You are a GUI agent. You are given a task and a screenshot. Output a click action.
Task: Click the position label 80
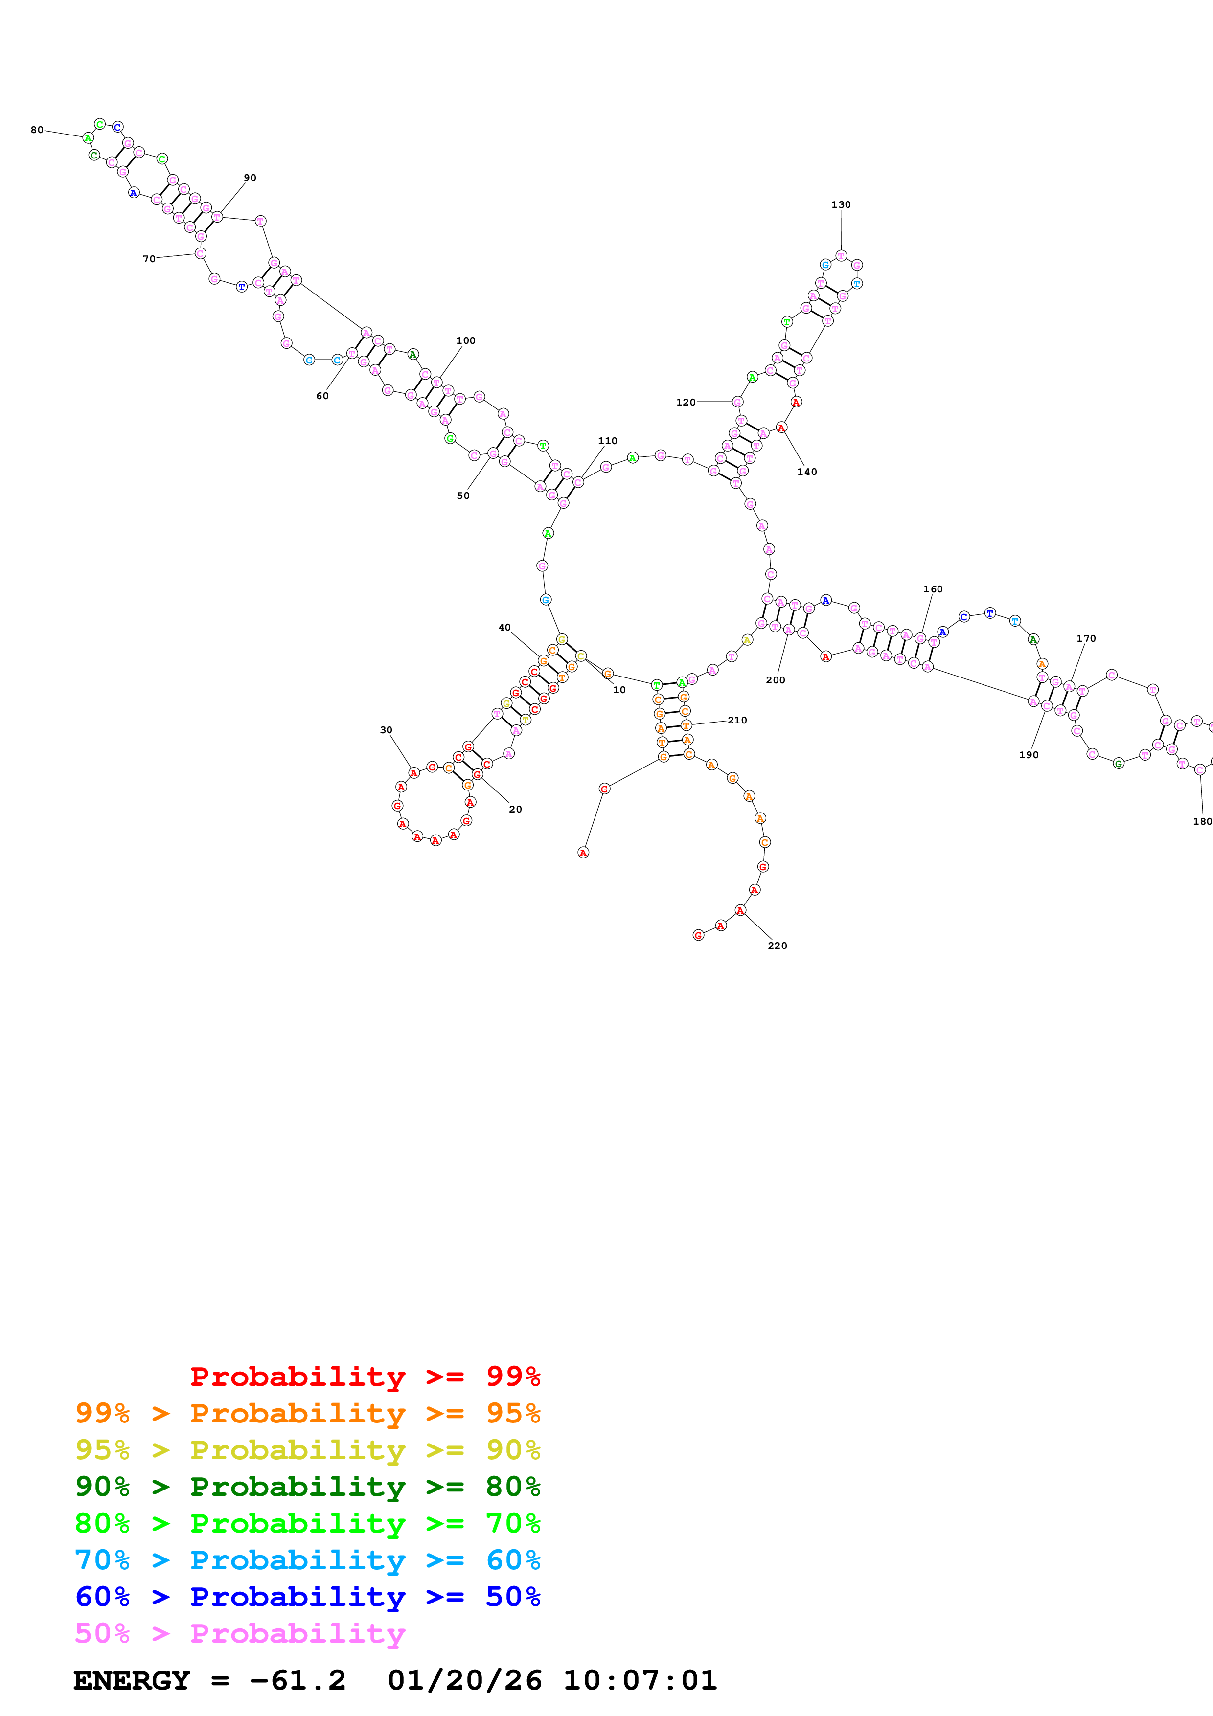click(x=37, y=130)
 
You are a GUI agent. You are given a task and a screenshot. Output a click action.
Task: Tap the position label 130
click(x=841, y=205)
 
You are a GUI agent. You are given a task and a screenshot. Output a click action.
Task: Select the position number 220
click(x=778, y=946)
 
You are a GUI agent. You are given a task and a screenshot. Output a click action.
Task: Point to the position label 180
click(x=1202, y=821)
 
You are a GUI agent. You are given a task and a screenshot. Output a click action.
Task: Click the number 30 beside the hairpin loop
click(x=386, y=730)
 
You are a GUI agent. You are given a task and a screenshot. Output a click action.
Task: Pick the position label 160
click(x=933, y=589)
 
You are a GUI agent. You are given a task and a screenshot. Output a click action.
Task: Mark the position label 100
click(x=466, y=341)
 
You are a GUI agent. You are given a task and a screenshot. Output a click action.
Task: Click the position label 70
click(x=149, y=259)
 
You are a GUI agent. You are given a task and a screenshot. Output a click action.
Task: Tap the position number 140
click(x=806, y=472)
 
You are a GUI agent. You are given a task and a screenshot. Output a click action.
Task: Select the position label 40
click(x=504, y=628)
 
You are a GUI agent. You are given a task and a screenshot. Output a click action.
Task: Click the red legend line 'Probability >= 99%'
click(x=365, y=1377)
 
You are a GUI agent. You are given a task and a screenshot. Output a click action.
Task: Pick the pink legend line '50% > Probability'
click(x=240, y=1634)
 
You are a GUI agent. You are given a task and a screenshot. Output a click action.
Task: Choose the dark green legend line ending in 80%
click(x=307, y=1487)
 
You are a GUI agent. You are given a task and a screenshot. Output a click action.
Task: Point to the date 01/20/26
click(x=464, y=1681)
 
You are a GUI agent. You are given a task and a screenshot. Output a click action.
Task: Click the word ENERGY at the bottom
click(x=132, y=1681)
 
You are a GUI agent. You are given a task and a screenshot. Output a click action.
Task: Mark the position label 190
click(x=1029, y=755)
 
